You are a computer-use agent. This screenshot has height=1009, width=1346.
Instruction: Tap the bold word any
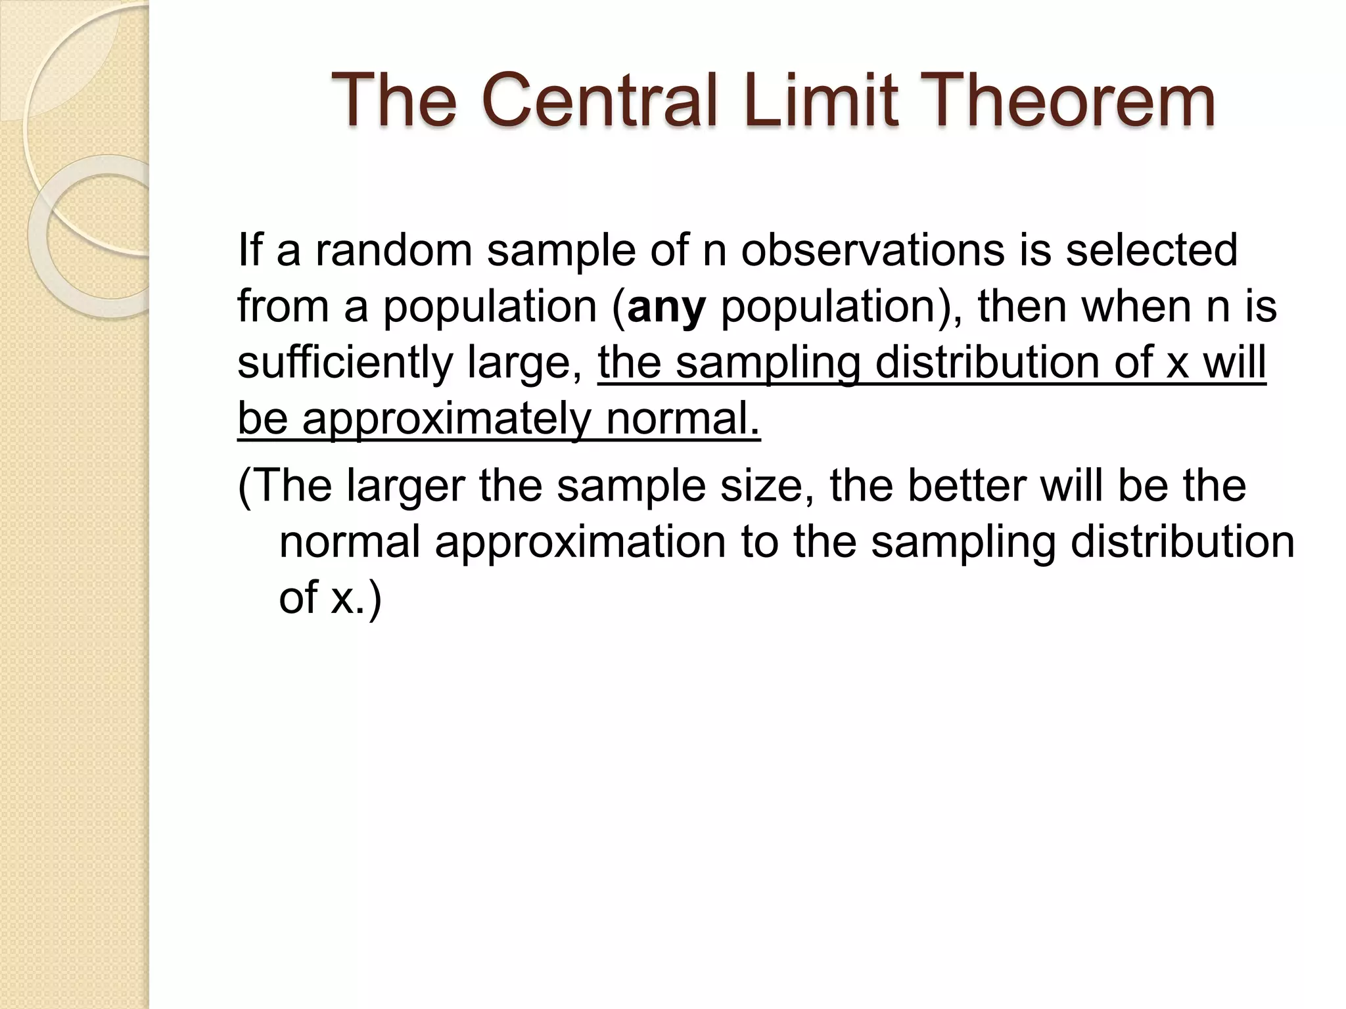(666, 307)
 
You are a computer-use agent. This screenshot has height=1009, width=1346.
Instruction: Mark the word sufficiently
(345, 363)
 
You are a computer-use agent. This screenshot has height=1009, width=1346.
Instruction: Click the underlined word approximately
(447, 419)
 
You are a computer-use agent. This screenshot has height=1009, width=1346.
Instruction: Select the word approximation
(580, 543)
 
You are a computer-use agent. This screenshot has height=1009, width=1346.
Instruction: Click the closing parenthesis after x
(375, 599)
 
